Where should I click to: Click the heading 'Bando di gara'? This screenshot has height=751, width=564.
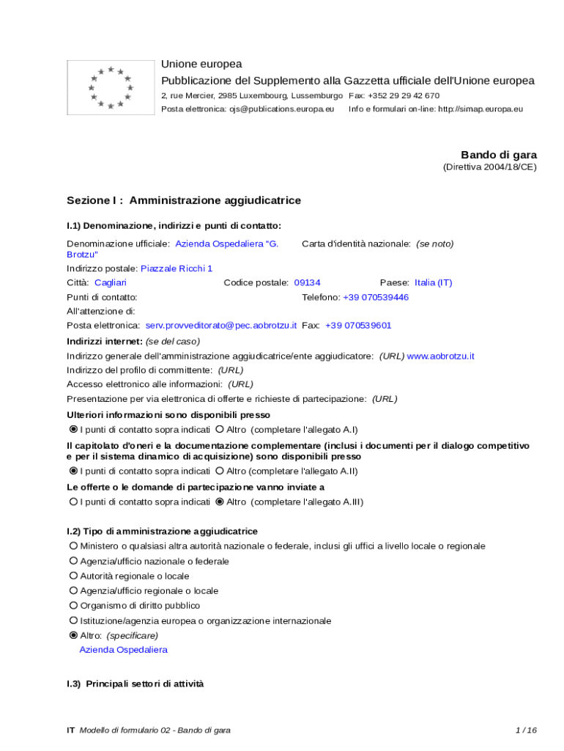tap(498, 155)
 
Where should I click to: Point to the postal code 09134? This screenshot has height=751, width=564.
tap(307, 282)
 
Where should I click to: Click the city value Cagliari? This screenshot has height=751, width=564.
tap(111, 282)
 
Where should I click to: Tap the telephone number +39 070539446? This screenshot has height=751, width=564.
tap(376, 297)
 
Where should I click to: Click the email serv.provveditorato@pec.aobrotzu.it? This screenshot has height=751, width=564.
tap(221, 325)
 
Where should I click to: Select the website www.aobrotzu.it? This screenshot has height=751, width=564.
tap(440, 356)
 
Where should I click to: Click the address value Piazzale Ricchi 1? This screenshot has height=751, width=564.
tap(177, 268)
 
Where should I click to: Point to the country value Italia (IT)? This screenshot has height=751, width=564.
tap(433, 282)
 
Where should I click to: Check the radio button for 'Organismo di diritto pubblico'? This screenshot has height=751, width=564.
tap(73, 606)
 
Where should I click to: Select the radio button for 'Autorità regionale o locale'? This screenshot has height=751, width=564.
tap(73, 576)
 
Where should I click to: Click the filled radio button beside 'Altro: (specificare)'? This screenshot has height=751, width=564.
tap(73, 635)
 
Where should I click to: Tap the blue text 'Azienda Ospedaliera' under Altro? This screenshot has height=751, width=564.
tap(123, 650)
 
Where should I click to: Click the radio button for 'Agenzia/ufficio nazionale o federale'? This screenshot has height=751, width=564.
tap(73, 561)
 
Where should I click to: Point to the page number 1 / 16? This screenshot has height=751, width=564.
tap(526, 730)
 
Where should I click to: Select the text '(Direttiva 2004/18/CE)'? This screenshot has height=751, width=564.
tap(489, 167)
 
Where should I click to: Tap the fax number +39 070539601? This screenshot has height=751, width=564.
tap(358, 325)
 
